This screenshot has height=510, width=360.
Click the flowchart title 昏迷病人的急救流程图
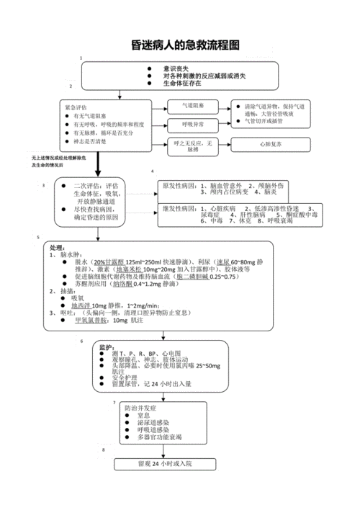180,45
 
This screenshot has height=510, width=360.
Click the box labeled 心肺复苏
269,144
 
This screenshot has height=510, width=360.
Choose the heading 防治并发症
138,408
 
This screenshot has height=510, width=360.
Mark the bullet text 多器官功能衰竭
159,437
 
